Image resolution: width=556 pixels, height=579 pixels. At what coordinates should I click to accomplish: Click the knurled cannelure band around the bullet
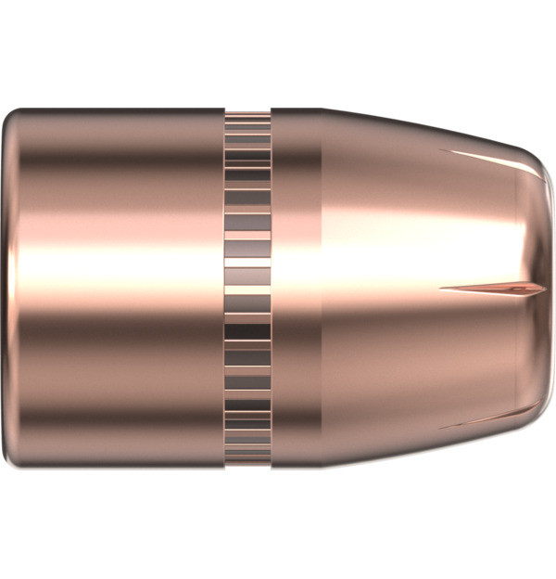tap(247, 288)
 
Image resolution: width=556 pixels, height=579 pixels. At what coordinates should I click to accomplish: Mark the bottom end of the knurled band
tap(247, 461)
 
